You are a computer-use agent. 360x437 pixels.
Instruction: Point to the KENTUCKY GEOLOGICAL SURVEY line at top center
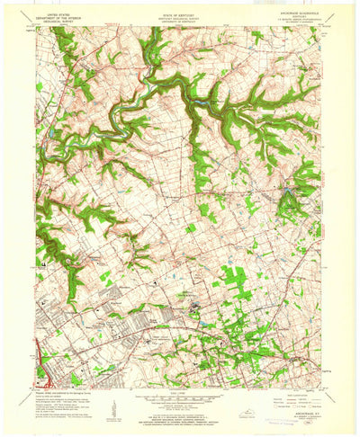pyautogui.click(x=179, y=18)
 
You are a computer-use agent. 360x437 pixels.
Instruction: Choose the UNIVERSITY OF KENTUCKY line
pyautogui.click(x=179, y=22)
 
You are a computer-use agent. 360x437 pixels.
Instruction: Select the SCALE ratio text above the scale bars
pyautogui.click(x=180, y=394)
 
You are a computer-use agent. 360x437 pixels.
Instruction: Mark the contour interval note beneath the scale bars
pyautogui.click(x=180, y=409)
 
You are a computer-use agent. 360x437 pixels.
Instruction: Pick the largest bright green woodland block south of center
pyautogui.click(x=231, y=281)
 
